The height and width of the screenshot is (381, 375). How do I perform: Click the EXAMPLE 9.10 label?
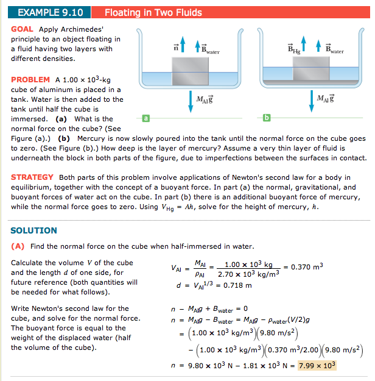(x=46, y=12)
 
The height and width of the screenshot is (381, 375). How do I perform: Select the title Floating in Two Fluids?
(x=153, y=12)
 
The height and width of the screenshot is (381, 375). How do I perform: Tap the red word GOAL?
(x=23, y=29)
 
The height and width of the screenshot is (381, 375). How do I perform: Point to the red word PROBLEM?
(x=31, y=80)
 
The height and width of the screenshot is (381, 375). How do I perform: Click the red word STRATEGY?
(x=33, y=177)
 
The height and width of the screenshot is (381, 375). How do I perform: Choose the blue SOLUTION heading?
(x=34, y=230)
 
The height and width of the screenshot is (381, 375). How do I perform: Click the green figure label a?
(x=145, y=117)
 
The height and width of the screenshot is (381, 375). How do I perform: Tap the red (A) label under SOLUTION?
(x=18, y=247)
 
